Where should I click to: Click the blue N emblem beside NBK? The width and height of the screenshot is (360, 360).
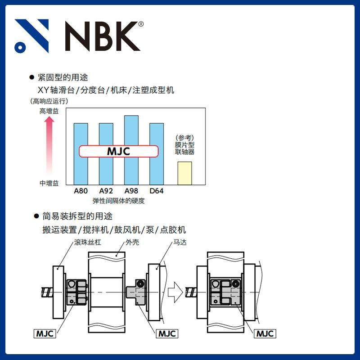[x=31, y=36]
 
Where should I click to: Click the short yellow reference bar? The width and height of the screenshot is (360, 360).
[x=184, y=173]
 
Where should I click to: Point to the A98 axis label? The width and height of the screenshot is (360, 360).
[x=131, y=191]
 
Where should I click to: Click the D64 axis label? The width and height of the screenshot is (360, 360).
[x=156, y=191]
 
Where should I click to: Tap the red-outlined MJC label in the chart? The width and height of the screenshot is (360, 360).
[x=119, y=151]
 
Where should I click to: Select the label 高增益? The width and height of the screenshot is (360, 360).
[x=49, y=111]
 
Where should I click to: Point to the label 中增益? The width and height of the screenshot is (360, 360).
[x=49, y=183]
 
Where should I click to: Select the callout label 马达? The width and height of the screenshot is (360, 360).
[x=180, y=242]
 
